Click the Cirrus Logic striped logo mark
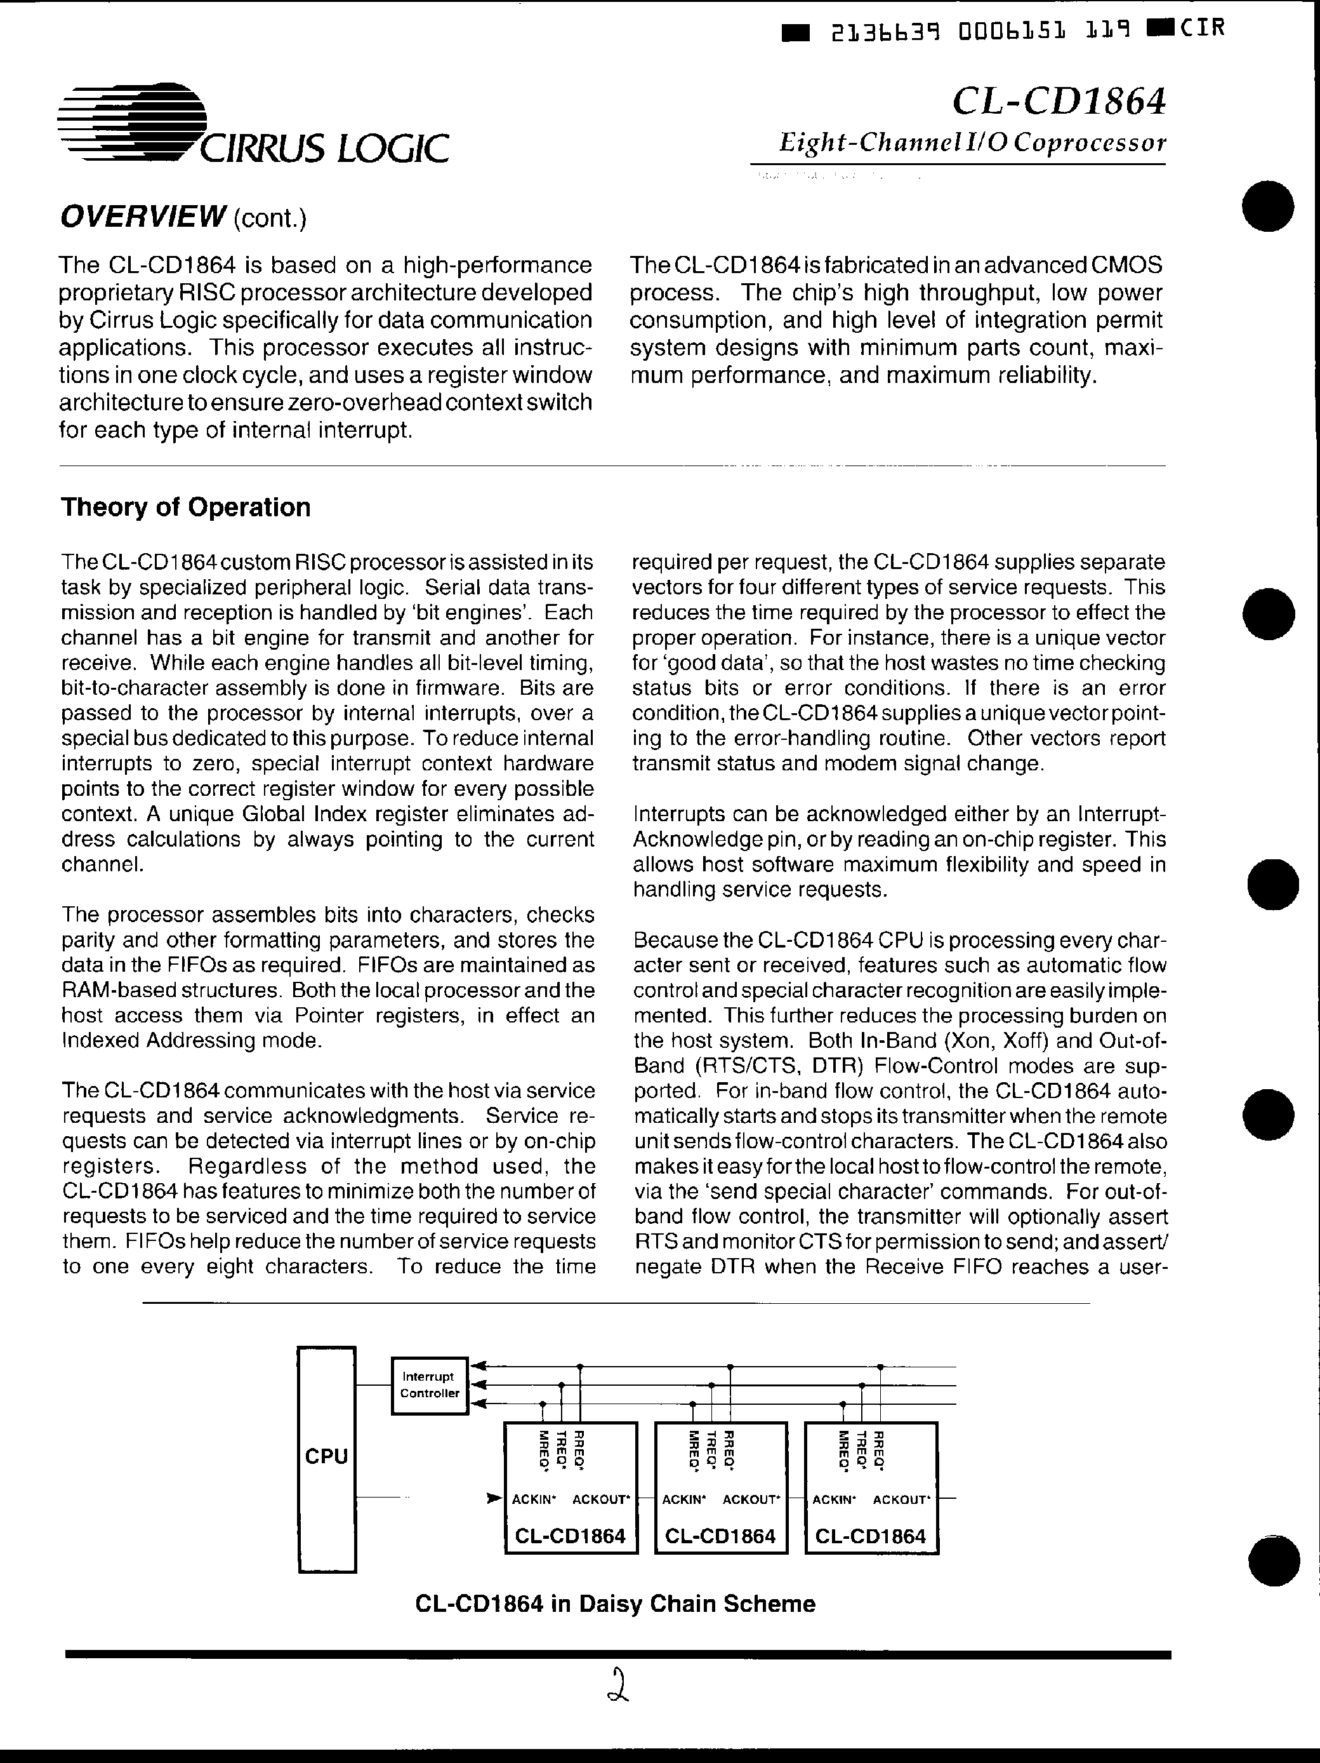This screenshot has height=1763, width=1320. coord(131,121)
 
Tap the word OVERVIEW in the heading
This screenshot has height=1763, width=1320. coord(143,216)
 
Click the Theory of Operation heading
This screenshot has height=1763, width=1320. coord(185,507)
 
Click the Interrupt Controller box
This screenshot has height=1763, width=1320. coord(430,1385)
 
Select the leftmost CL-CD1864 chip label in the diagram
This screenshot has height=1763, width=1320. coord(571,1536)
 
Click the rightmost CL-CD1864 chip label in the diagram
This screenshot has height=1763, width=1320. coord(871,1536)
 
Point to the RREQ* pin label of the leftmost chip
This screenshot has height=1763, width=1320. coord(580,1451)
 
